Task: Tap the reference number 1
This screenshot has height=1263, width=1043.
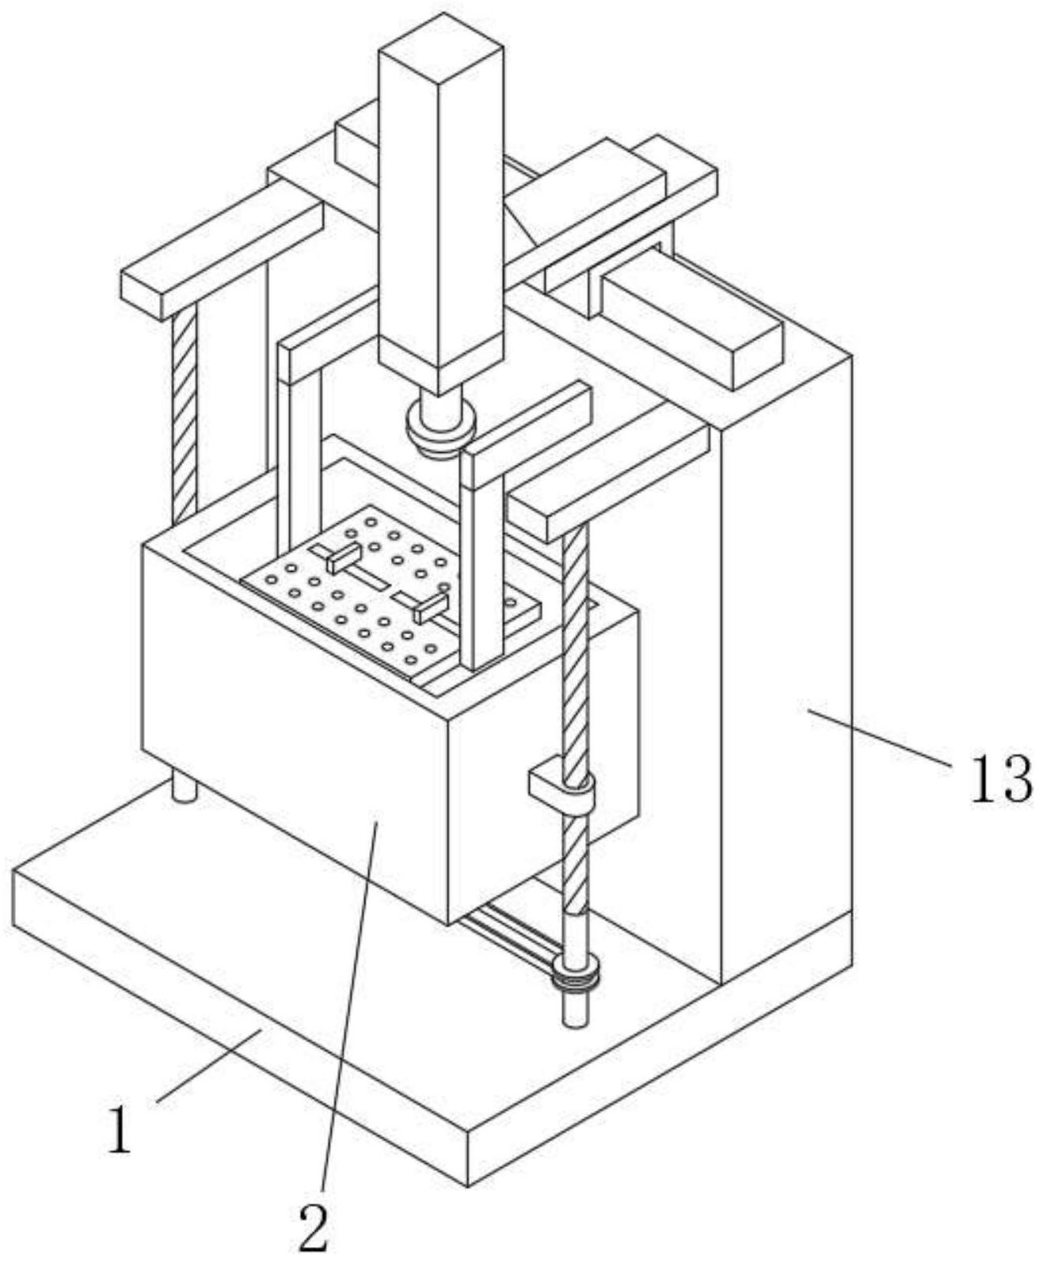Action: [x=119, y=1130]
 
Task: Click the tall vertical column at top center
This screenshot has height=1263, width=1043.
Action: [x=440, y=198]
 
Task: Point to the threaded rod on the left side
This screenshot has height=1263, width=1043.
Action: [x=184, y=412]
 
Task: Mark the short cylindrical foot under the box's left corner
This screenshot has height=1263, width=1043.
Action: [x=184, y=788]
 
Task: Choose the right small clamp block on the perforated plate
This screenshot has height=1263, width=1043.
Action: [x=428, y=608]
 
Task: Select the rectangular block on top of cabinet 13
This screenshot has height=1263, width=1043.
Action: [x=689, y=325]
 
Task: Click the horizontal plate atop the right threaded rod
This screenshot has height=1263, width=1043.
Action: [x=610, y=479]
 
